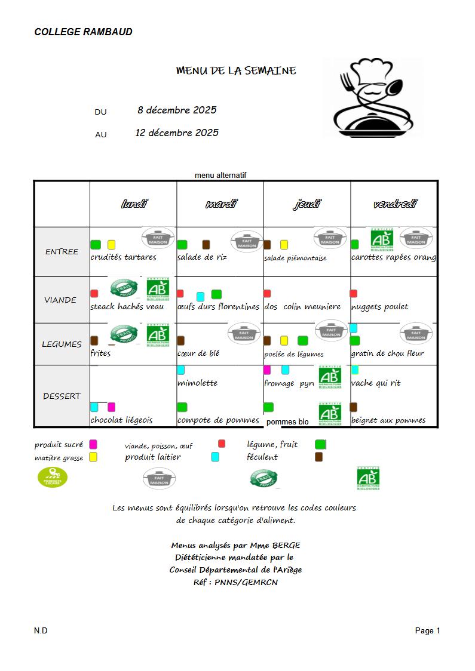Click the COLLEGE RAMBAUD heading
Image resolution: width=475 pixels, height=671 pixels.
coord(83,32)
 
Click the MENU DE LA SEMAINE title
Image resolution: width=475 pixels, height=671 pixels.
coord(236,70)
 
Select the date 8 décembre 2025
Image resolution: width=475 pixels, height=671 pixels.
coord(177,110)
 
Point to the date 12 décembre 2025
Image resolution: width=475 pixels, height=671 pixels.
coord(177,133)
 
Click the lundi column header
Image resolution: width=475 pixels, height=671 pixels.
coord(134,204)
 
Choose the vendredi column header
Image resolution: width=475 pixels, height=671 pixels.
coord(395,204)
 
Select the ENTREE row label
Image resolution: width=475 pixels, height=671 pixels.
coord(62,251)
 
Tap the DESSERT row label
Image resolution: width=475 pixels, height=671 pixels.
coord(62,396)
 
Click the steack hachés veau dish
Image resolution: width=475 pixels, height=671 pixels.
coord(127,307)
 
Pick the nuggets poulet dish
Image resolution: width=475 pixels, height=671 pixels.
coord(380,307)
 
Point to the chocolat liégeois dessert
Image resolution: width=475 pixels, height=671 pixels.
coord(121,420)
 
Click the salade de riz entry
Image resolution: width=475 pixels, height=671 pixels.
coord(202,257)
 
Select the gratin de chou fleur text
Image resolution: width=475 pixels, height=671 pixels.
coord(388,353)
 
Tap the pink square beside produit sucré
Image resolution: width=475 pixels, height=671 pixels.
coord(93,444)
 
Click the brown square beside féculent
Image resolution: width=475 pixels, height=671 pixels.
coord(319,457)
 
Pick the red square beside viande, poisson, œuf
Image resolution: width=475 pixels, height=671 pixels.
coord(222,444)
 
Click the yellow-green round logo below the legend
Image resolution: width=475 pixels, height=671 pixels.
coord(53,477)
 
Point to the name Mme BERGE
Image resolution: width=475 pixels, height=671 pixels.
coord(277,545)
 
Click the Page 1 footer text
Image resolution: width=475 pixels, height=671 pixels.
coord(428,630)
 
